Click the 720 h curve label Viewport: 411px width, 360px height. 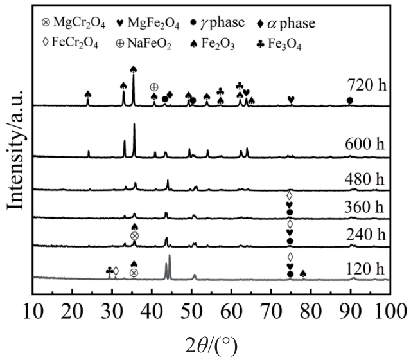point(365,85)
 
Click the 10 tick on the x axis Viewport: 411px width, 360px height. point(33,311)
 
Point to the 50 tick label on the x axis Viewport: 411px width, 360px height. point(192,311)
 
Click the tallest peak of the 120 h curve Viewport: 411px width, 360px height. point(170,256)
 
